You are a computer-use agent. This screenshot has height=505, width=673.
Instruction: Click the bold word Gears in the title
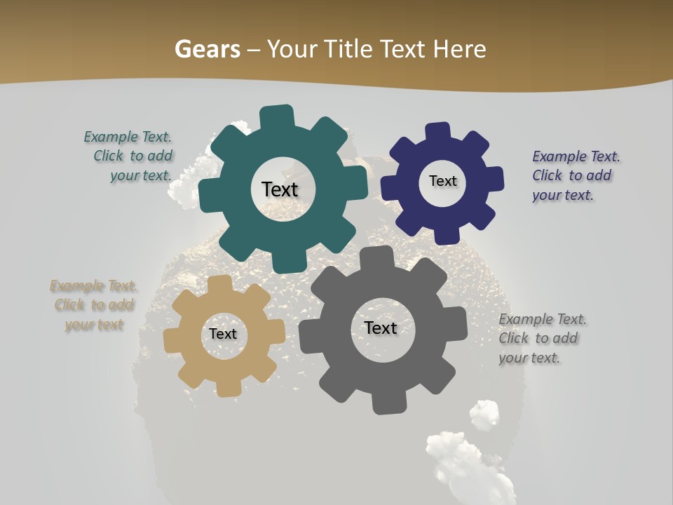(207, 49)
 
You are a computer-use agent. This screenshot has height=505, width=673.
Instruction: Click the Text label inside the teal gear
(280, 189)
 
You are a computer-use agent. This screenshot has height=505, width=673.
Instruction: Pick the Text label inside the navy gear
(442, 181)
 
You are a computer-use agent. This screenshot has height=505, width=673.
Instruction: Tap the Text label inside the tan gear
(223, 334)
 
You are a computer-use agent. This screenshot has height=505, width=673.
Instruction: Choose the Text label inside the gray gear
(381, 328)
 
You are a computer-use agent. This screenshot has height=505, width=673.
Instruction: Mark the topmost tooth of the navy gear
(438, 132)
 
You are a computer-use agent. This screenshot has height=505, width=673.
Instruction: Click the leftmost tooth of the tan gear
(172, 340)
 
